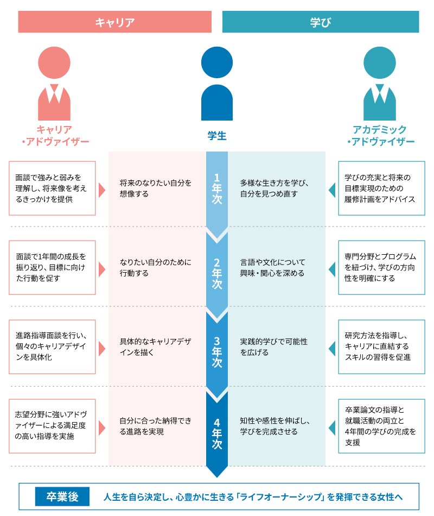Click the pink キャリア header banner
click(114, 22)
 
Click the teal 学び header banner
click(321, 22)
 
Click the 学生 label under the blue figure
click(217, 135)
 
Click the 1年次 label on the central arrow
click(217, 188)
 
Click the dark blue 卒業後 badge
click(62, 496)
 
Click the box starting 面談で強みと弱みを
click(52, 188)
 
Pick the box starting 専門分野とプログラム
click(381, 267)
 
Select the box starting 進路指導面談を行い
click(52, 348)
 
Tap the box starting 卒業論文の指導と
click(381, 426)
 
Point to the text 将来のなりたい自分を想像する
click(156, 188)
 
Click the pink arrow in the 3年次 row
click(101, 348)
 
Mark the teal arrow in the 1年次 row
click(331, 190)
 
